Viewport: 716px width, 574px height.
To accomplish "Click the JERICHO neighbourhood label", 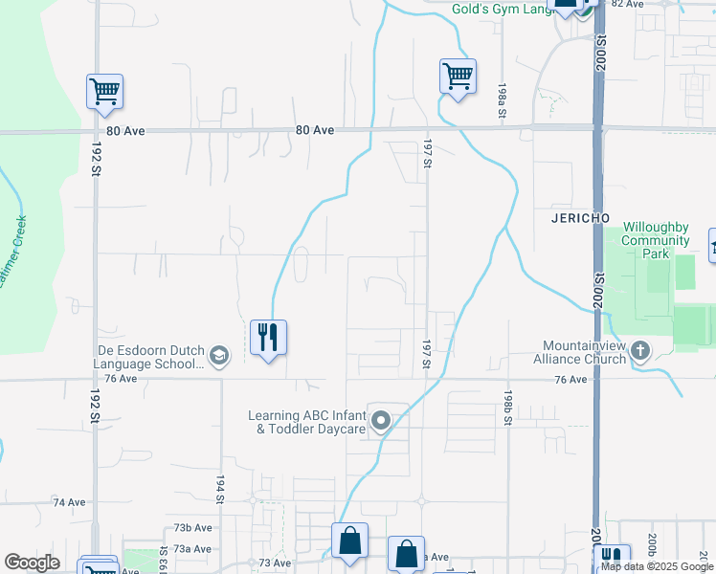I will point(581,218).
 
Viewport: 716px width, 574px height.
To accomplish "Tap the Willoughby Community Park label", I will point(656,240).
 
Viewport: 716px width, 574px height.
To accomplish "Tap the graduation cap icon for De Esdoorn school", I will point(219,357).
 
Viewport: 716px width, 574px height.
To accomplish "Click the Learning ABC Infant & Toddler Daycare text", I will point(307,422).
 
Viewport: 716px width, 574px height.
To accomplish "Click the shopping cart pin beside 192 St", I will point(104,92).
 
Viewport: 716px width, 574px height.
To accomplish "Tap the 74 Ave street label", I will point(70,502).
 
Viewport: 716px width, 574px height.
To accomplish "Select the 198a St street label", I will point(502,99).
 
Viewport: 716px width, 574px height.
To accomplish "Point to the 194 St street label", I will point(219,491).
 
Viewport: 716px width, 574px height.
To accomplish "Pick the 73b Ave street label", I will point(192,528).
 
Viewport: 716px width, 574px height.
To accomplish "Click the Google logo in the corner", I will point(32,563).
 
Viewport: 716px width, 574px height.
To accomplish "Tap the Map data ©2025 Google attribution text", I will point(656,566).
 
